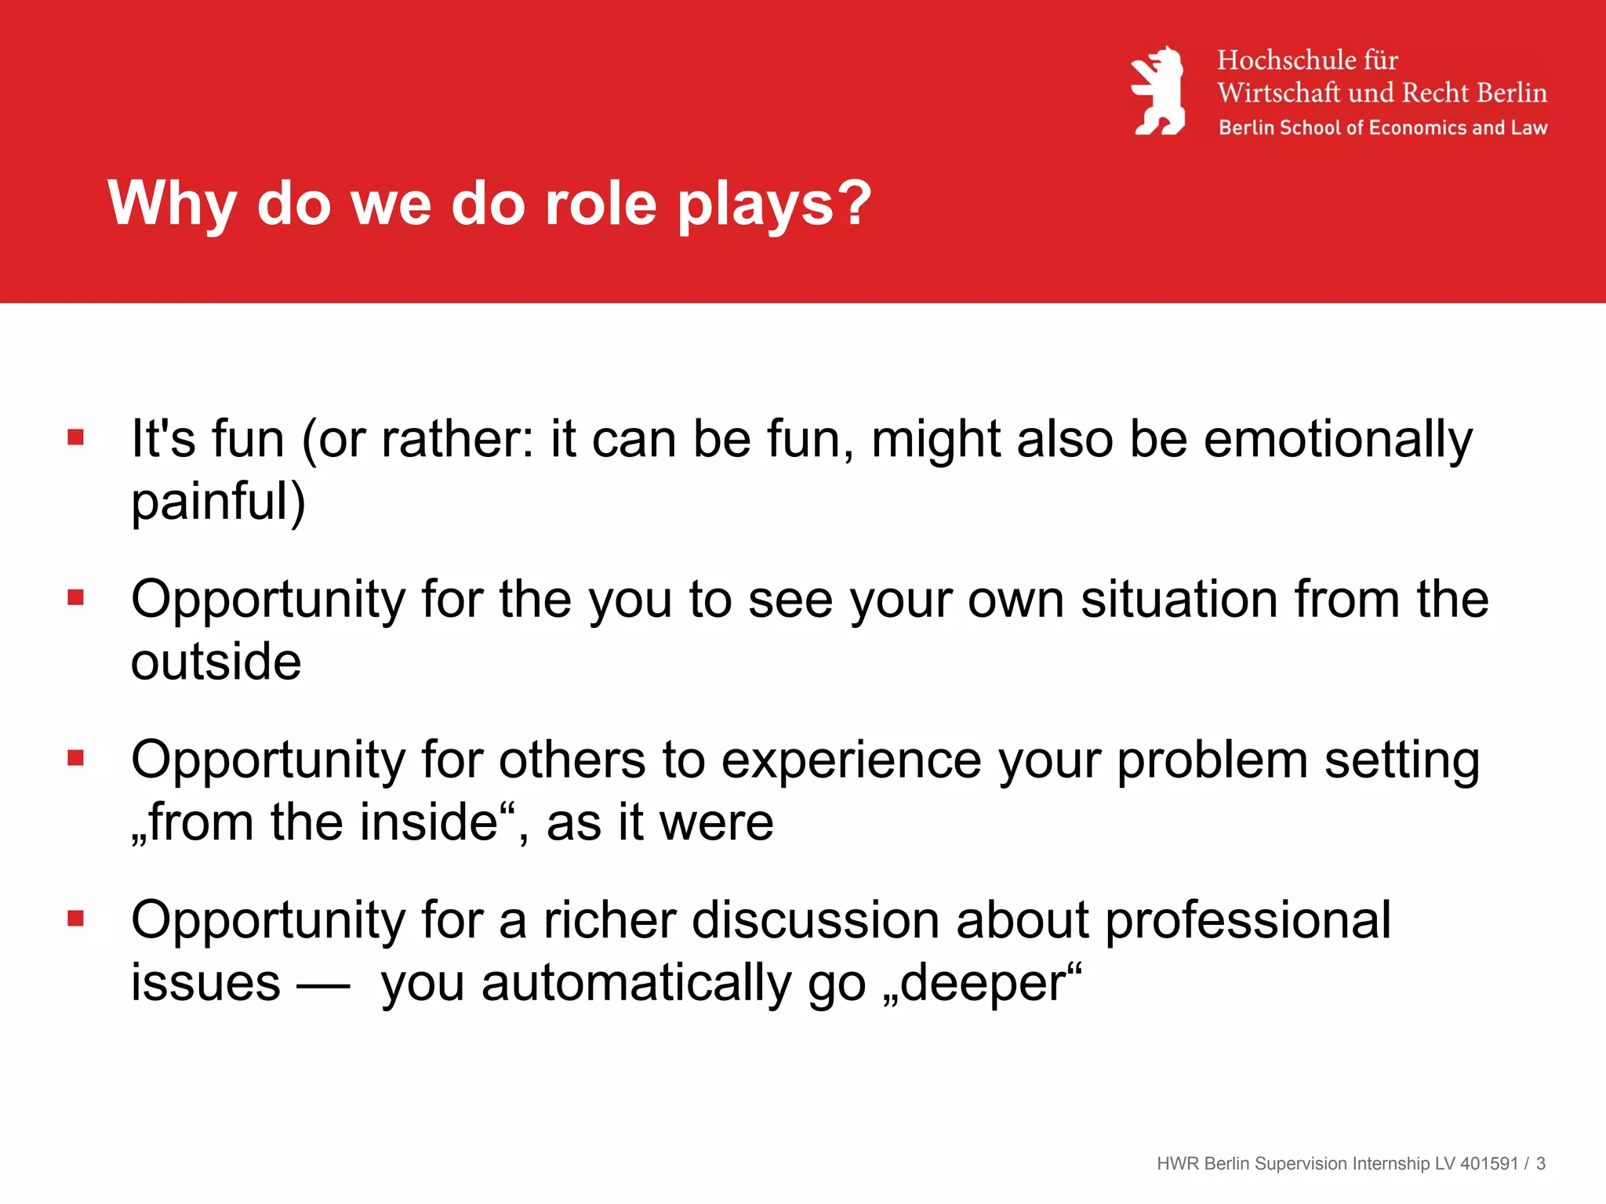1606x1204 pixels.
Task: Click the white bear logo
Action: [1158, 92]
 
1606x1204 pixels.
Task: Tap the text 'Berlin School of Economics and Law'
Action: [1383, 128]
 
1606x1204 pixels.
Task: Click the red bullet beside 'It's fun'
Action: [76, 437]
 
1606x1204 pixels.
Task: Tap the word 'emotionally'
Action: [1338, 439]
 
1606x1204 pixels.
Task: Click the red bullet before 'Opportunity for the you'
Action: [76, 598]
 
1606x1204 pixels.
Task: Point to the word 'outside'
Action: [216, 662]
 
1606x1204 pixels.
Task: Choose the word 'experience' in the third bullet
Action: [851, 760]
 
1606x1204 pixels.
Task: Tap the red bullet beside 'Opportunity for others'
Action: [76, 758]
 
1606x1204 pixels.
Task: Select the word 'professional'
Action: [1248, 920]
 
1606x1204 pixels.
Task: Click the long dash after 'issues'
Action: [323, 985]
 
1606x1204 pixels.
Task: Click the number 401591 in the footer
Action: [1489, 1164]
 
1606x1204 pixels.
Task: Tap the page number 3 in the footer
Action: [1541, 1164]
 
